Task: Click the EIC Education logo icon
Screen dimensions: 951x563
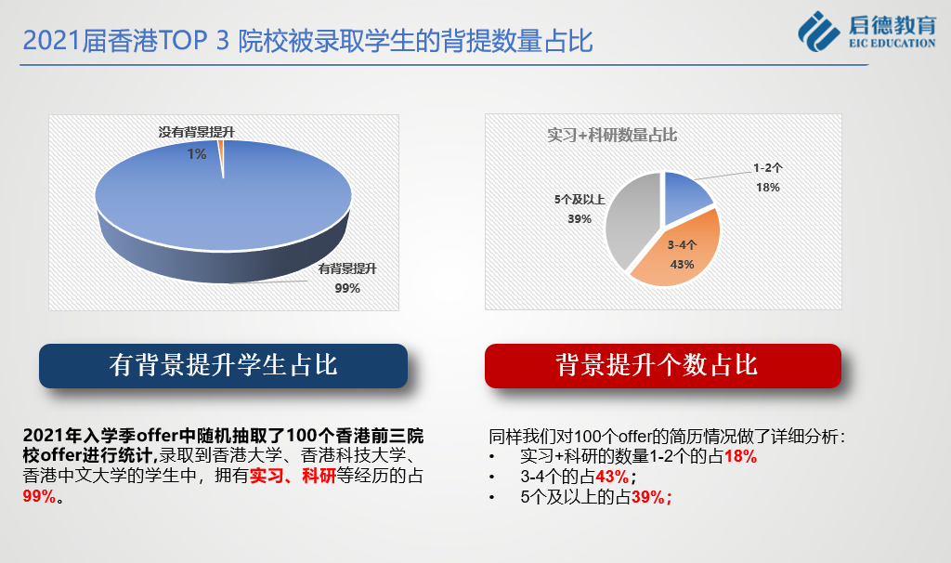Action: (x=819, y=31)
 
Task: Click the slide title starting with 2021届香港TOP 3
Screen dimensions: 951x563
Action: (x=307, y=41)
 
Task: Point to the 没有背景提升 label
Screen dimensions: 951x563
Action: (x=197, y=132)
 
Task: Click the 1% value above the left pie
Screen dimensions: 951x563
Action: (x=197, y=154)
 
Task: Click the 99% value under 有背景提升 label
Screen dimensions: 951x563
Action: (x=347, y=288)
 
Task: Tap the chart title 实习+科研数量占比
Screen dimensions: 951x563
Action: (x=612, y=135)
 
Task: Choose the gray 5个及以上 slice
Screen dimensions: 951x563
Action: (x=631, y=218)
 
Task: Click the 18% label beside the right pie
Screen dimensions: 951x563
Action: (x=768, y=188)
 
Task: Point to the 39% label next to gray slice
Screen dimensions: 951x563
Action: (x=580, y=219)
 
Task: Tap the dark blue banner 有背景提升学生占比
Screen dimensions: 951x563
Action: (x=223, y=366)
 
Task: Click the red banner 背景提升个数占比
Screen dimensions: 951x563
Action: (x=663, y=366)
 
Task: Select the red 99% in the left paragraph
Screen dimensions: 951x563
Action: (x=39, y=496)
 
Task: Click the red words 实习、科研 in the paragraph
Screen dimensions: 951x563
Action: (x=293, y=476)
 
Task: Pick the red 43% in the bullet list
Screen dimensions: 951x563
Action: (x=612, y=477)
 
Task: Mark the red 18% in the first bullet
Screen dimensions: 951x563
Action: (x=740, y=457)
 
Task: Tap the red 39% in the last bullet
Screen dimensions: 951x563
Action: (x=647, y=497)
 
